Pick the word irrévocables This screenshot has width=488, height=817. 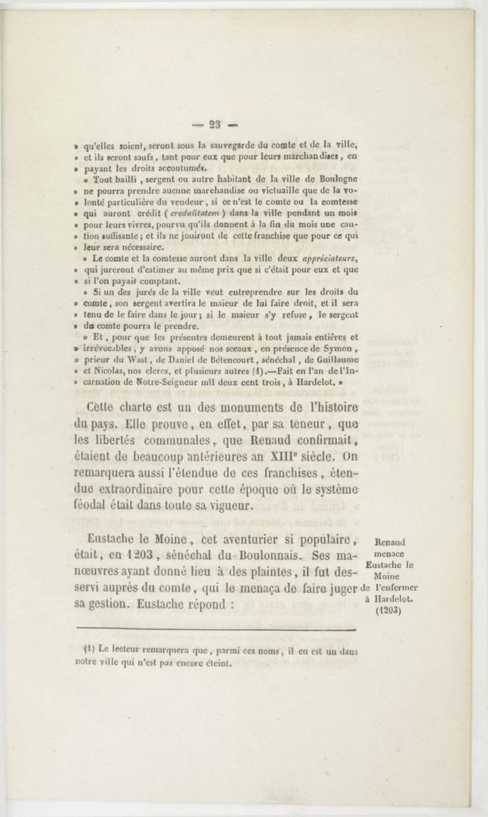(x=113, y=349)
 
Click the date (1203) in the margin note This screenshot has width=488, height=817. (x=390, y=610)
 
